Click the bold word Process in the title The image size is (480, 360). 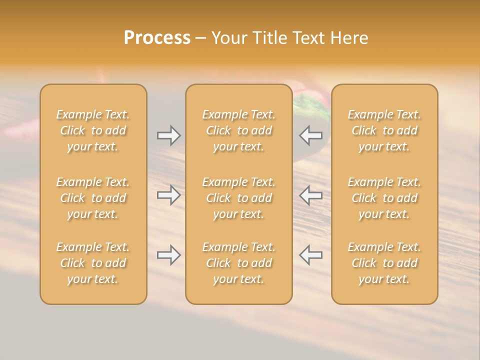[x=157, y=38]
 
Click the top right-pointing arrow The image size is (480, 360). [x=168, y=135]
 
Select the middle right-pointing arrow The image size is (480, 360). [x=168, y=195]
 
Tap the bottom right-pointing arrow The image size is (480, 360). [x=168, y=255]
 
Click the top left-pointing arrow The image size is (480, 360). [x=311, y=135]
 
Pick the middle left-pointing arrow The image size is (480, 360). [x=311, y=195]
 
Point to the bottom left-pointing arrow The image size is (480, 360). [x=311, y=255]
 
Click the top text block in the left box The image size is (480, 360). [x=93, y=130]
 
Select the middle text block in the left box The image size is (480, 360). [x=93, y=198]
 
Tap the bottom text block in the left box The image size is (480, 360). [x=93, y=263]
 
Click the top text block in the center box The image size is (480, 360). [x=238, y=130]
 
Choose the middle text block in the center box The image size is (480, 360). [x=238, y=198]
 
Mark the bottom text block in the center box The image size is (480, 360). [x=238, y=263]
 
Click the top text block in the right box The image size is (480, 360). [x=384, y=130]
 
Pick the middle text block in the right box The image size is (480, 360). [x=384, y=198]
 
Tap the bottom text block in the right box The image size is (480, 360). [x=384, y=263]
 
